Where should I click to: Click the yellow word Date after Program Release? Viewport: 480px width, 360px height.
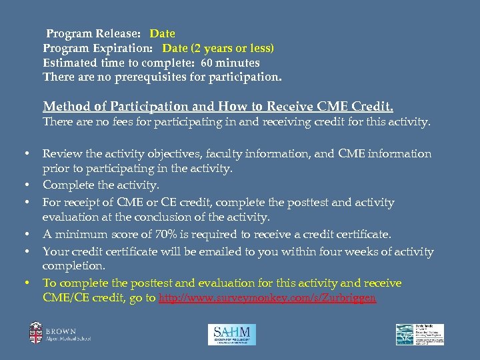(x=162, y=33)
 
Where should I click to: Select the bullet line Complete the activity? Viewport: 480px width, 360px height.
(x=101, y=185)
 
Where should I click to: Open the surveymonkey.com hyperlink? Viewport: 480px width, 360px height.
(x=267, y=299)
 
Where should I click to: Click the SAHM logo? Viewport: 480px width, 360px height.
(x=231, y=334)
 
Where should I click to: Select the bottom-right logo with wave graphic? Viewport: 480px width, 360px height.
(x=419, y=334)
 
